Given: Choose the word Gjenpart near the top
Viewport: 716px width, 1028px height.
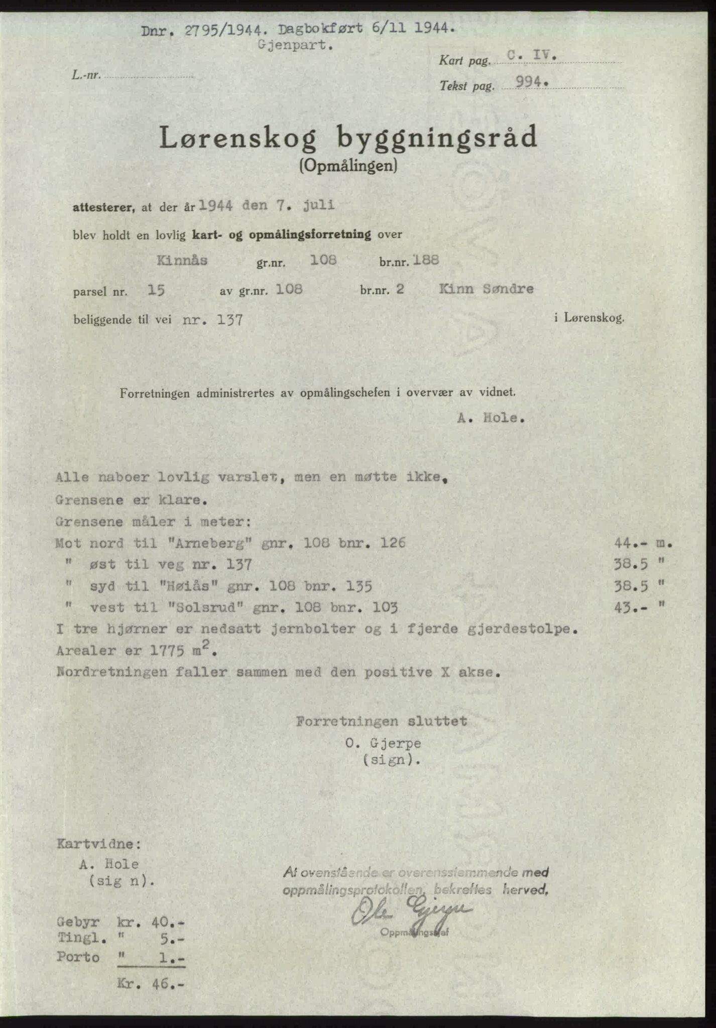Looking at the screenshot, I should [296, 46].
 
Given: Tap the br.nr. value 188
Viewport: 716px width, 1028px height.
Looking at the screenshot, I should [426, 260].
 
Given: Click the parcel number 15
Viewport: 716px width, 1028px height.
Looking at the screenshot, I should [156, 290].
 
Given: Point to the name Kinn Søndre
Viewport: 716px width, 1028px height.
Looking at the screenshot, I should [486, 289].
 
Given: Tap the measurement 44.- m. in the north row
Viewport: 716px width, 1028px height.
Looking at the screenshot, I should [642, 543].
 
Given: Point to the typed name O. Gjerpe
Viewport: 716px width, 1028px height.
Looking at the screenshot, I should [383, 743].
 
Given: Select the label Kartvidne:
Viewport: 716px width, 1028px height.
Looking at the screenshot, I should [99, 844].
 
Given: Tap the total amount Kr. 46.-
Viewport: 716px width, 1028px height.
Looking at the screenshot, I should [151, 984].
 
